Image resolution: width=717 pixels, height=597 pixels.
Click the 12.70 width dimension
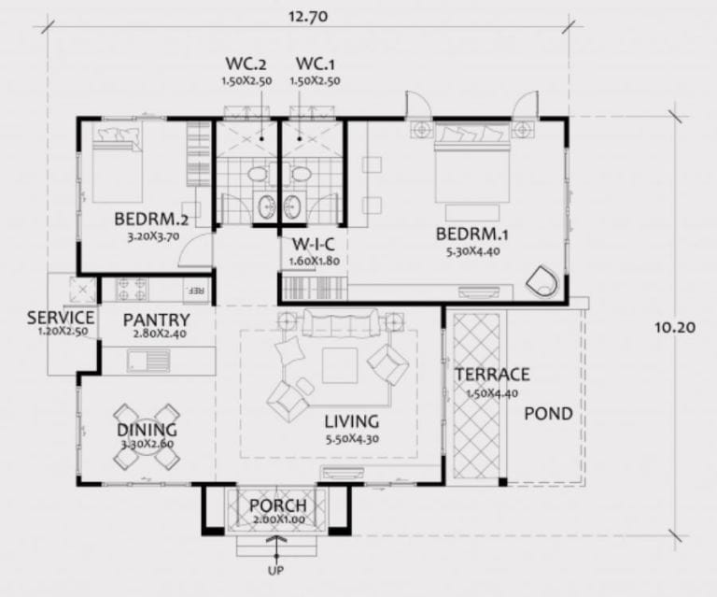coord(308,17)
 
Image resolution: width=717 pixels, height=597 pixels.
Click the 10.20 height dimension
coord(674,328)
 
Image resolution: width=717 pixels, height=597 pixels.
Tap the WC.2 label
coord(246,64)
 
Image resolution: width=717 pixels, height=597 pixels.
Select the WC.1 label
coord(315,64)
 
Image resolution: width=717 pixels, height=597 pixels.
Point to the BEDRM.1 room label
coord(471,235)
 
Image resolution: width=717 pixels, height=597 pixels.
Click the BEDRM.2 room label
coord(151,220)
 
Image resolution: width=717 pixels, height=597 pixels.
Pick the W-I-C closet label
coord(314,244)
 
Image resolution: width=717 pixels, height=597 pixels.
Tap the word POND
coord(548,414)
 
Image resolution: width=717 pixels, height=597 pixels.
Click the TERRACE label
coord(492,375)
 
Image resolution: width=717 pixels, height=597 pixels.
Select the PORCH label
coord(278,506)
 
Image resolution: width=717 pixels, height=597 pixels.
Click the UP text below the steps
coord(275,571)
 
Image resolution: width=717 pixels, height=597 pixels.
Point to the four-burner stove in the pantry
coord(132,290)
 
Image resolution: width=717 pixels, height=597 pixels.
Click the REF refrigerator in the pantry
coord(197,291)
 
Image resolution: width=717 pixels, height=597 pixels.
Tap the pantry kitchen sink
coord(148,360)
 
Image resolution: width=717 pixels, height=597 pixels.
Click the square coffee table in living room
coord(340,365)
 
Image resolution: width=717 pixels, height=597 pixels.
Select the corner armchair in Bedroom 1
coord(542,280)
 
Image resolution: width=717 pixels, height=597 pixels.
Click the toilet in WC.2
coord(258,175)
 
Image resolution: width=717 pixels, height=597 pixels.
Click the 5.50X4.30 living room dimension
coord(352,439)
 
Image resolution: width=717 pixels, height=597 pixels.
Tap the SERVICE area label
coord(61,318)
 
